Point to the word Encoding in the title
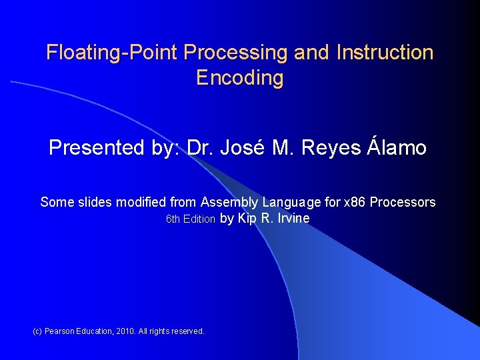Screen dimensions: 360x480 coord(240,78)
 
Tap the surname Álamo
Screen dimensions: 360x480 coord(397,147)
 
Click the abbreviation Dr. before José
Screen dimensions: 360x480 coord(199,147)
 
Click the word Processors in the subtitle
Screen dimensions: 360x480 coord(403,202)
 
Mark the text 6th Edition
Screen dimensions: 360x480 coord(190,219)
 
